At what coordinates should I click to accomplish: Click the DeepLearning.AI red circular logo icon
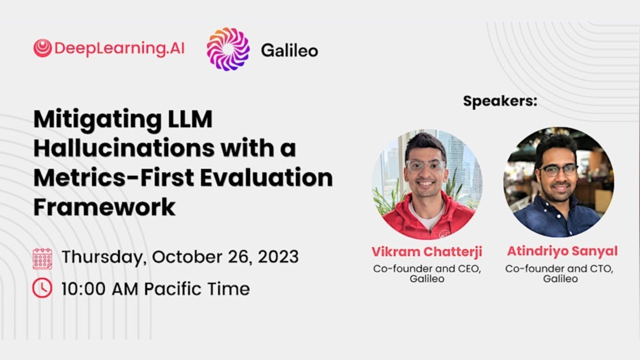(x=42, y=48)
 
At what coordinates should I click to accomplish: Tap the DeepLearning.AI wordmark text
(x=119, y=48)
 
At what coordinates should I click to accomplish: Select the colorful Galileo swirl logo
(x=228, y=49)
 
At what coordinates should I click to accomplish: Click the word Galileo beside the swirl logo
(x=289, y=50)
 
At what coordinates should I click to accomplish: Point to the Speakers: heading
(x=499, y=101)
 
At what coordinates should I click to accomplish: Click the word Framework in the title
(x=104, y=206)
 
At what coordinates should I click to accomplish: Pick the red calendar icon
(x=42, y=258)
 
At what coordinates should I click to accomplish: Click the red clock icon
(x=42, y=288)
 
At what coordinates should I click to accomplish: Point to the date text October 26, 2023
(x=225, y=257)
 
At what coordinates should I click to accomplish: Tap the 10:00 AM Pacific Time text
(x=155, y=288)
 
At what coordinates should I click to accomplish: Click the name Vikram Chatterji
(x=426, y=251)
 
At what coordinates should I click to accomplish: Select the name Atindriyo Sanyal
(x=562, y=251)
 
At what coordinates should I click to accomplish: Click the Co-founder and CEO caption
(x=426, y=269)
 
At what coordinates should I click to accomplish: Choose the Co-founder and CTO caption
(x=559, y=269)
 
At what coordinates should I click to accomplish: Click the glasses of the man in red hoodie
(x=425, y=165)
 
